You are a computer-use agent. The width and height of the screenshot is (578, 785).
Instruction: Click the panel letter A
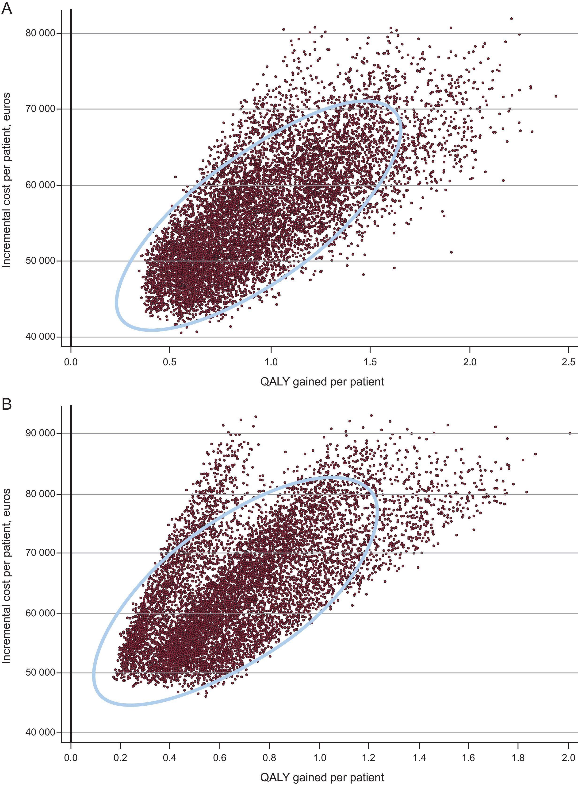tap(7, 8)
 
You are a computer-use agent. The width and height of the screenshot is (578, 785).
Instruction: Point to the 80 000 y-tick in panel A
tap(41, 33)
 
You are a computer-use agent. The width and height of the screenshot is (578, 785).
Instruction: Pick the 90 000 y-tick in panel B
tap(41, 433)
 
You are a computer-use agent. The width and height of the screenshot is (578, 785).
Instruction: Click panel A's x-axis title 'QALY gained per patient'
tap(322, 381)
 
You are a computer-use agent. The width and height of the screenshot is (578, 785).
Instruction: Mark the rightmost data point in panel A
tap(556, 96)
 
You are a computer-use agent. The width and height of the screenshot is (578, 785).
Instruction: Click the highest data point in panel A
tap(512, 19)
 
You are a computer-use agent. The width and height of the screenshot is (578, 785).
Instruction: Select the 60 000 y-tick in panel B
tap(41, 614)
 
